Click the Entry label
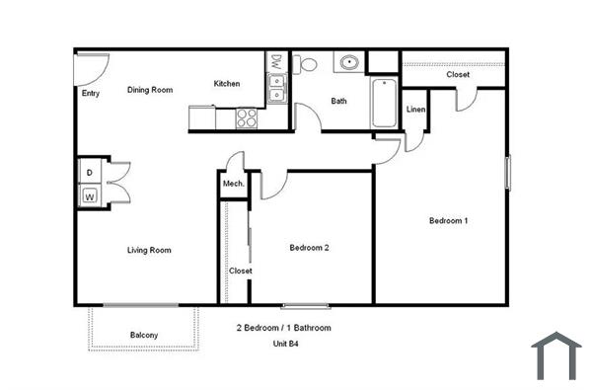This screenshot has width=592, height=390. tap(91, 94)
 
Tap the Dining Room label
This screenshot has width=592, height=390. tap(150, 90)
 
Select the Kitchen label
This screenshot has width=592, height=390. tap(227, 84)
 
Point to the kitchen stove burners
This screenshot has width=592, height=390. tap(247, 117)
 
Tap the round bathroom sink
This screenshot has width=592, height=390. tap(347, 64)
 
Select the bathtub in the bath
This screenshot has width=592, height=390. tap(383, 103)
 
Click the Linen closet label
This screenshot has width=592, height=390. tap(415, 109)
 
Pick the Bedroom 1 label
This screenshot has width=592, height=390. tap(448, 220)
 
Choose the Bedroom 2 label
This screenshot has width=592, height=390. tap(309, 248)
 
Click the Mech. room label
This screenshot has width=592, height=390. tap(234, 184)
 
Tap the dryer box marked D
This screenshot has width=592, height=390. tap(90, 174)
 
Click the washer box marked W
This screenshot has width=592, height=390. tap(90, 195)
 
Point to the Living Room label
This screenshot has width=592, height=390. tap(149, 250)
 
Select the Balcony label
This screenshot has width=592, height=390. tap(144, 336)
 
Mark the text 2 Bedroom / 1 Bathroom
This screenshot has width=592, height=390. tap(283, 327)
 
